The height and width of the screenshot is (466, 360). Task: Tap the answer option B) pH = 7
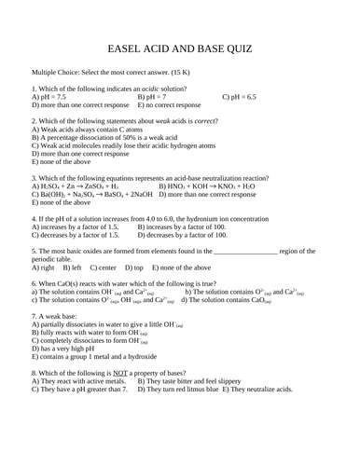pyautogui.click(x=152, y=97)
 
